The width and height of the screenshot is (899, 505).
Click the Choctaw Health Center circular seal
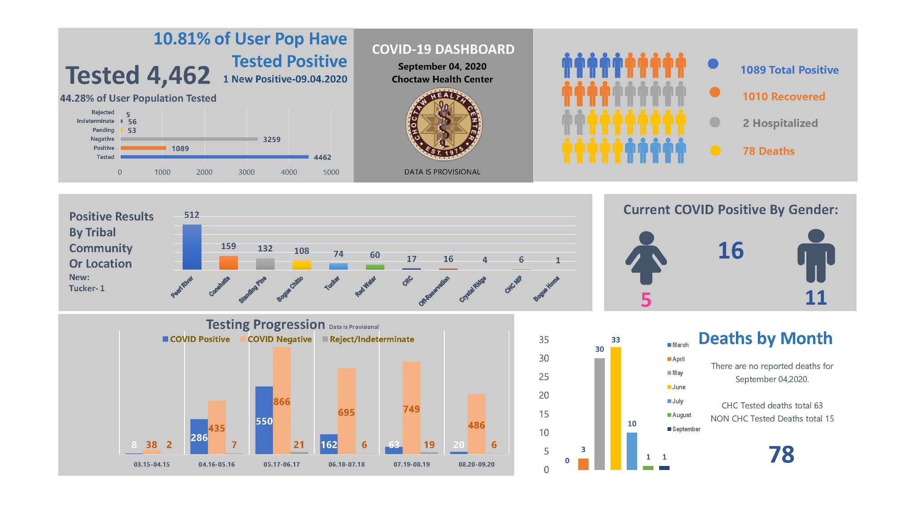444,124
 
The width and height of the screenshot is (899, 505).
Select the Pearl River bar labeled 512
192,247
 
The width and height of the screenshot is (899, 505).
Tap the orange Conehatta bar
228,263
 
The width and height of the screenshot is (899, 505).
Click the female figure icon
646,258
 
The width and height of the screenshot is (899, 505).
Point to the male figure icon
816,255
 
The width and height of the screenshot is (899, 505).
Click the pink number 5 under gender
646,300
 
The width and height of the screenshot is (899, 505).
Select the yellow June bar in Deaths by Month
616,408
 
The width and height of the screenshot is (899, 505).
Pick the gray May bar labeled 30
599,414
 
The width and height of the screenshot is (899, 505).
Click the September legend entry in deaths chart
684,429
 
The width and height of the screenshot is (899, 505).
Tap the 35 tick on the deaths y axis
544,340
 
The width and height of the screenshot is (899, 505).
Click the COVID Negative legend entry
276,339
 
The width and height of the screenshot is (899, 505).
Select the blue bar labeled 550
264,420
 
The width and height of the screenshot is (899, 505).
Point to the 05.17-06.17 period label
282,464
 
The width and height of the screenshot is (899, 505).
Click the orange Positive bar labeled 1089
143,148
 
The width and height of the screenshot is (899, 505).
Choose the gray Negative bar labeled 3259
189,139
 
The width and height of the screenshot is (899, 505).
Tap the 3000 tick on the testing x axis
247,172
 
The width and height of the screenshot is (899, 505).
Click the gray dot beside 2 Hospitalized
715,122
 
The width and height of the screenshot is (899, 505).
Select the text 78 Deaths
769,151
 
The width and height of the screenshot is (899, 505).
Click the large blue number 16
731,250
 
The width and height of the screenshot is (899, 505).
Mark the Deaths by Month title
766,338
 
